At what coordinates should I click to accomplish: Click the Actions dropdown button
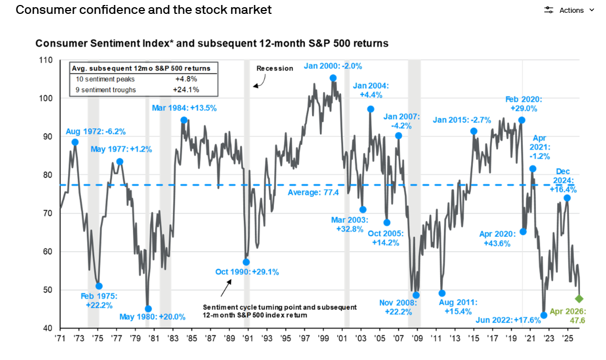569,10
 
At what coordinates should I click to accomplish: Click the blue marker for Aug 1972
75,143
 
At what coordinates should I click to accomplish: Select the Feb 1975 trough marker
99,286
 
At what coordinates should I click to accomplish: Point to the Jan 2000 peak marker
333,78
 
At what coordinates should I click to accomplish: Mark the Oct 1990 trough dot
246,262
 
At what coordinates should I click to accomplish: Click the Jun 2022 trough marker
543,315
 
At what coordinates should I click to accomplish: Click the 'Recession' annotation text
274,68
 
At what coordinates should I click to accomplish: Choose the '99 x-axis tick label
323,338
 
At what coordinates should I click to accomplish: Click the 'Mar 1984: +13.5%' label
184,108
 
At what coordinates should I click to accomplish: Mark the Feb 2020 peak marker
522,120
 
